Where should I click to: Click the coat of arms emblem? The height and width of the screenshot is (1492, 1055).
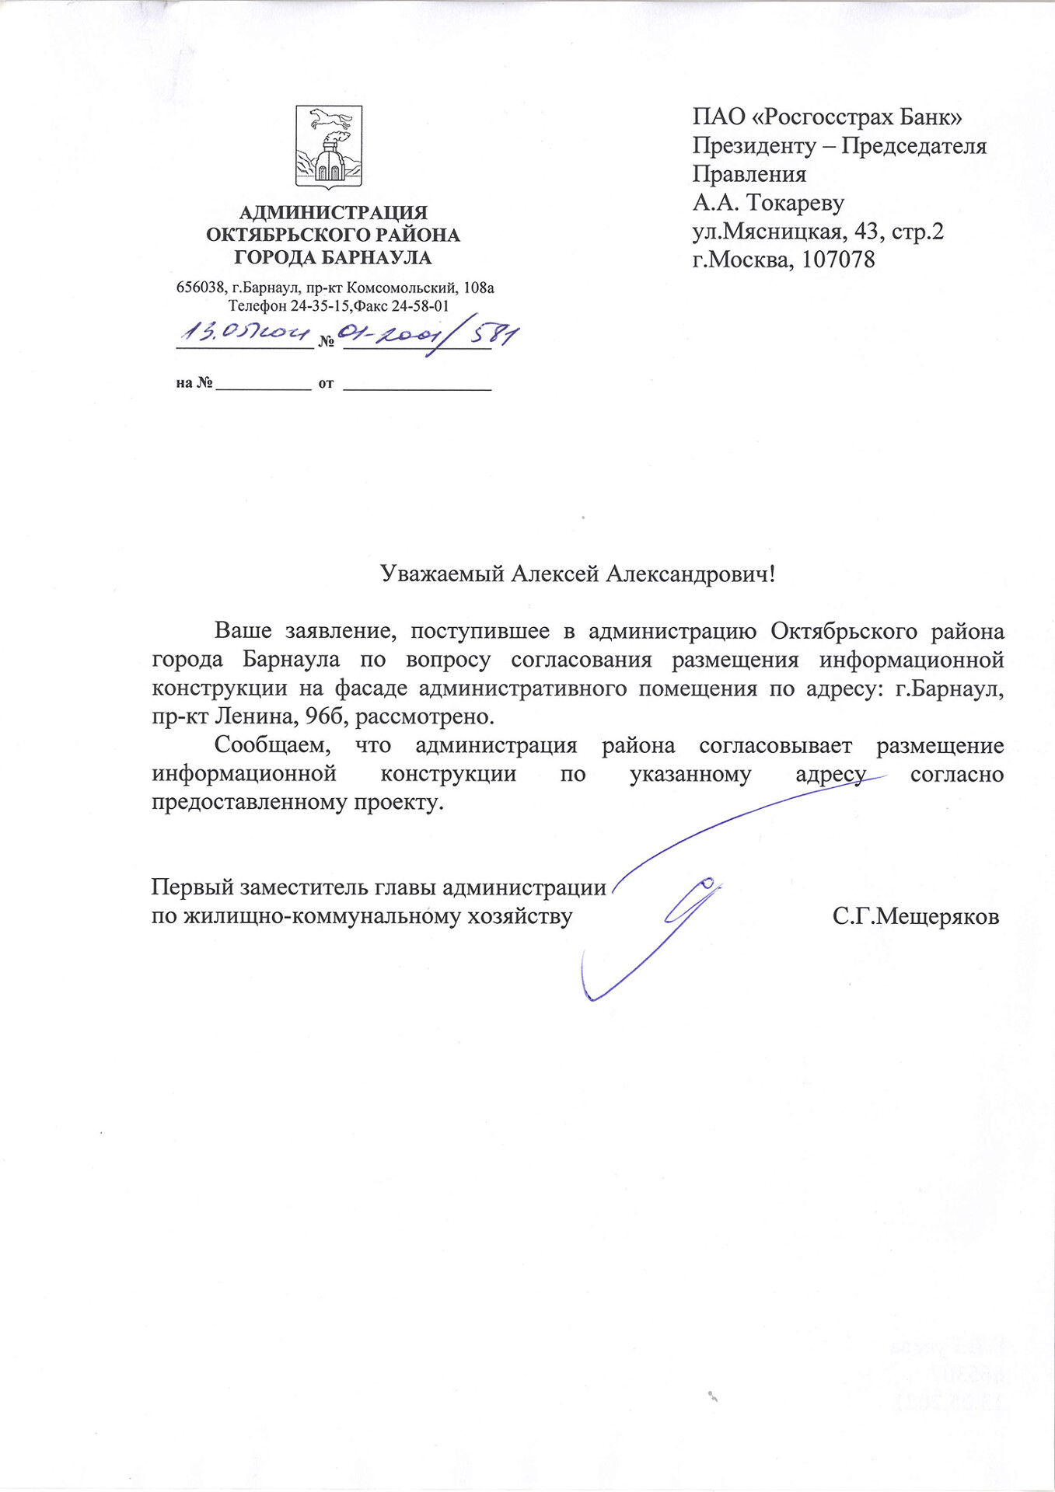(329, 148)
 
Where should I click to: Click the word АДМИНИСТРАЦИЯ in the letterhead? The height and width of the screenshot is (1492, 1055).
(333, 212)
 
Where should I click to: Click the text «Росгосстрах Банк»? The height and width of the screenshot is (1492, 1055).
(858, 117)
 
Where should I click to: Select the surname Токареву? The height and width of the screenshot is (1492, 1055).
(795, 203)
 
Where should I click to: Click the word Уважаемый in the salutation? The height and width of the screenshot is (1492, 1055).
(442, 574)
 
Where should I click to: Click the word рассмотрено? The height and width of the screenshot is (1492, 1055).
(424, 716)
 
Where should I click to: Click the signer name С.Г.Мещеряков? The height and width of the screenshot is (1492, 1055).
(915, 917)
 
